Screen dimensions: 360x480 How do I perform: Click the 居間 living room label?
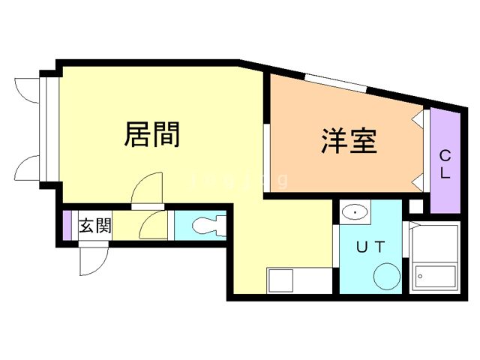(151, 135)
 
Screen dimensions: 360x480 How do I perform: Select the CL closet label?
(445, 165)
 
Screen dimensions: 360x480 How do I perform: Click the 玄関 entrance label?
(95, 225)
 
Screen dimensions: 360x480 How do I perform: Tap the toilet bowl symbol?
(208, 225)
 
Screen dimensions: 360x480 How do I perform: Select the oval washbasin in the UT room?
(354, 214)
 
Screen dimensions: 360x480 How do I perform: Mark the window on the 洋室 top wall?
(335, 82)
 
